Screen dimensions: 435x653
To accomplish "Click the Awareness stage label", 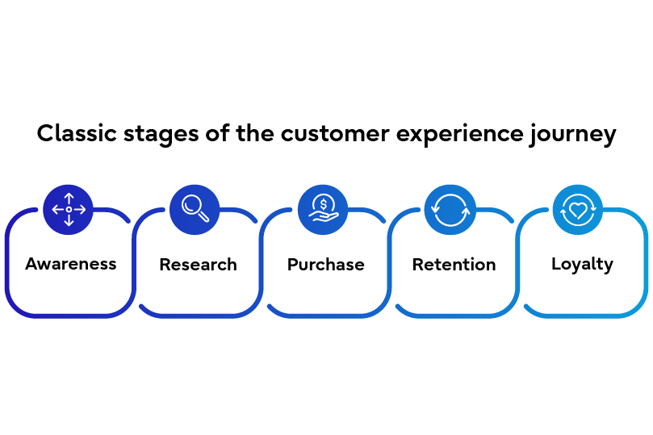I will tap(71, 264).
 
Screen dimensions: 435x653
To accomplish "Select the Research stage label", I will tap(198, 265).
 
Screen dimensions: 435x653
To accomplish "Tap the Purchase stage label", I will tap(325, 265).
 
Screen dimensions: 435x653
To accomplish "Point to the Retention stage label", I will tap(454, 265).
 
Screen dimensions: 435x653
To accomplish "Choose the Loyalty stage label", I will tap(582, 264).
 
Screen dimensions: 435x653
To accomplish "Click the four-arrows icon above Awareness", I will tap(69, 210).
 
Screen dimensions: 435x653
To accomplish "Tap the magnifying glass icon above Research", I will tap(195, 209).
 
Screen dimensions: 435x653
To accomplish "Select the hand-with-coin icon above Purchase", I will tap(323, 210).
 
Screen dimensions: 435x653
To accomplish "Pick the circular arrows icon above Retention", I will tap(450, 210).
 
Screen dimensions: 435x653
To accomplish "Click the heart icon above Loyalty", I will tap(577, 210).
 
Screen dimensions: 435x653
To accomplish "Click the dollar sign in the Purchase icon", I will tap(324, 203).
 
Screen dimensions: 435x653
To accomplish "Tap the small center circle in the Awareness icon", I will tap(69, 210).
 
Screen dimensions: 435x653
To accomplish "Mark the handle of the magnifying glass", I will tap(204, 217).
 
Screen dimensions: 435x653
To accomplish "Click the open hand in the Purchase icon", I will tap(321, 218).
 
